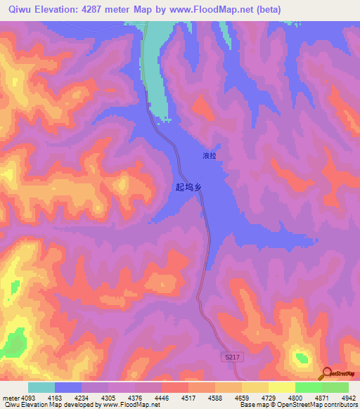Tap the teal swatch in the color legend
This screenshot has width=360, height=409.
pyautogui.click(x=41, y=387)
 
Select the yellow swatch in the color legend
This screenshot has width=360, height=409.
pyautogui.click(x=281, y=387)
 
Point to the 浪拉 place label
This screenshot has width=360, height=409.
pyautogui.click(x=209, y=155)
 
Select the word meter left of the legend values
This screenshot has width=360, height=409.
pyautogui.click(x=11, y=398)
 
